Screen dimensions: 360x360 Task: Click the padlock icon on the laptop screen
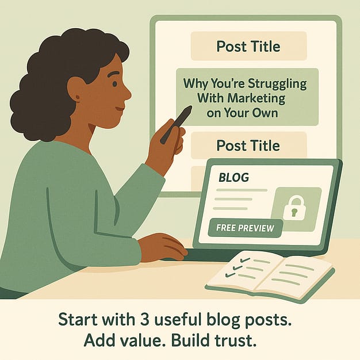[x=293, y=208]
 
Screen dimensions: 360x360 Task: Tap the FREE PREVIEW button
[x=245, y=228]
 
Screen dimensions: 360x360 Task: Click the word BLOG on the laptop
[x=233, y=178]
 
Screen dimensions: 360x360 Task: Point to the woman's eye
[x=114, y=84]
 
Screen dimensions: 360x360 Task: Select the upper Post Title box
[x=249, y=46]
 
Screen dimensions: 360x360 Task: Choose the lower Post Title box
[x=249, y=145]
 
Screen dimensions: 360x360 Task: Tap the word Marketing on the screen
[x=256, y=98]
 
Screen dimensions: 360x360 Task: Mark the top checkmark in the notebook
[x=244, y=260]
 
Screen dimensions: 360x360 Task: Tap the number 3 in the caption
[x=145, y=319]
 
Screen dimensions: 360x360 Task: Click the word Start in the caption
[x=78, y=319]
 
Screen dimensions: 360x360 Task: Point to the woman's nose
[x=129, y=94]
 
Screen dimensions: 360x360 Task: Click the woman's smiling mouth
[x=119, y=108]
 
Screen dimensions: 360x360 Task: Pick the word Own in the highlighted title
[x=265, y=113]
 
